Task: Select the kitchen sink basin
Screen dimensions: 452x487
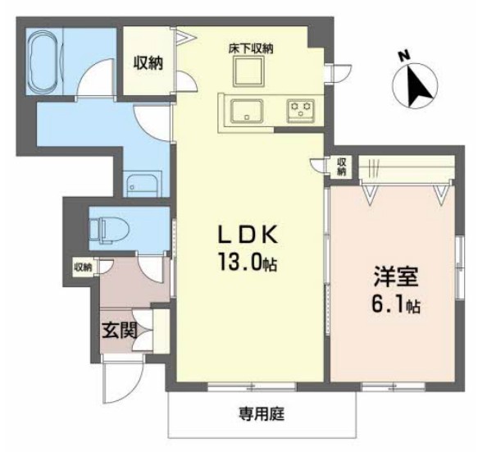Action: click(x=245, y=110)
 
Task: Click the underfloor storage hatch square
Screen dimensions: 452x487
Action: click(x=249, y=74)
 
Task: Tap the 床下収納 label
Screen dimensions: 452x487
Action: click(x=251, y=49)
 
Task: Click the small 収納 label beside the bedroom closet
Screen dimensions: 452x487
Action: click(x=341, y=166)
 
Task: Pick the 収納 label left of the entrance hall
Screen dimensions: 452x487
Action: click(x=83, y=267)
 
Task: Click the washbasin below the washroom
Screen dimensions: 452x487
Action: click(x=143, y=184)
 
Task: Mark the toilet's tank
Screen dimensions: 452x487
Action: click(x=95, y=226)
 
